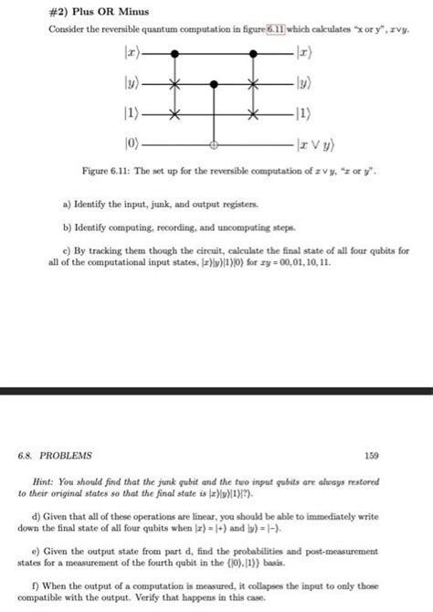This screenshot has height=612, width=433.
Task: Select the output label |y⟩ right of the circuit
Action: click(x=301, y=85)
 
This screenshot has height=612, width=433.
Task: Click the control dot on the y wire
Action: click(x=214, y=85)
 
